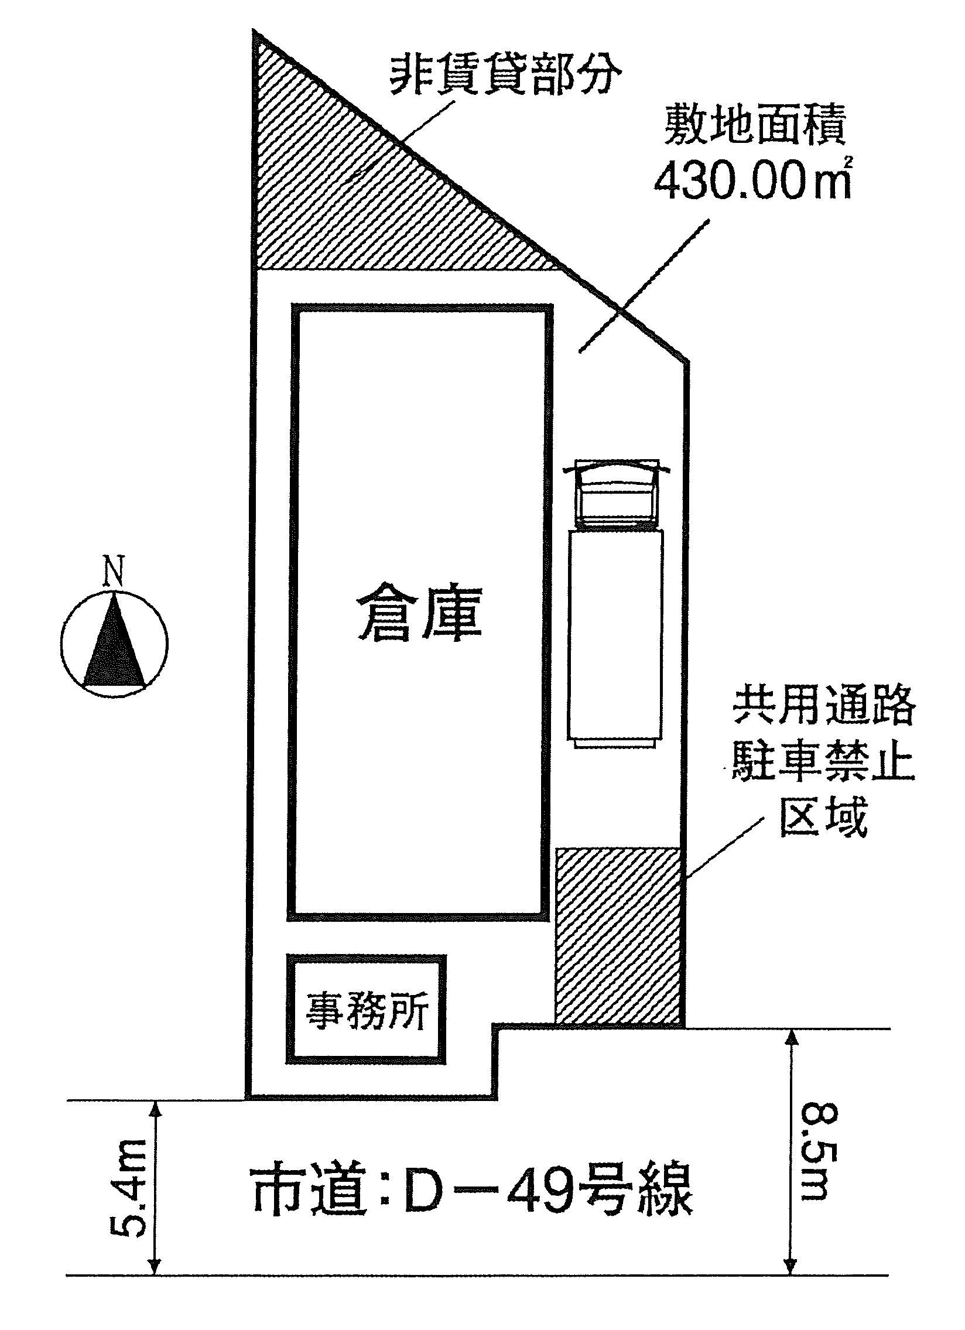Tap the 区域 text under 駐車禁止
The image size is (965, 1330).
pyautogui.click(x=823, y=815)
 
